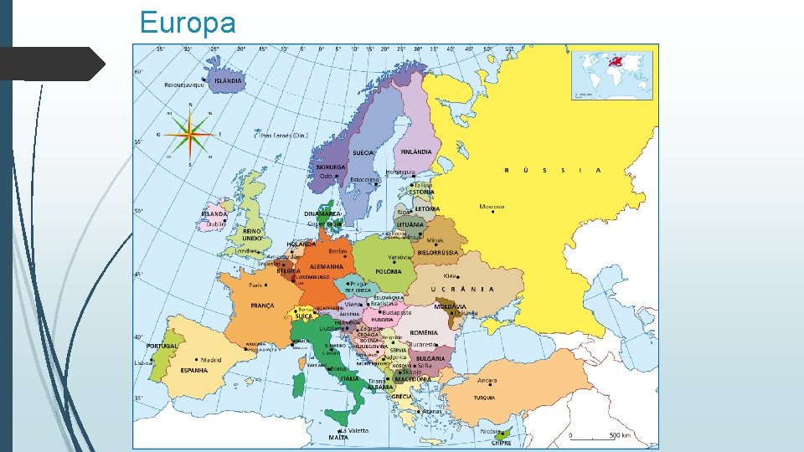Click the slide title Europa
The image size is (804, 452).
click(x=188, y=23)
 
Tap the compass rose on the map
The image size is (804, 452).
click(x=190, y=133)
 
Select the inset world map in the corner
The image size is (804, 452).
click(x=611, y=74)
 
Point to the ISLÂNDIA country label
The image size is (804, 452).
click(x=228, y=81)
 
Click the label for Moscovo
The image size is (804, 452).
click(x=492, y=206)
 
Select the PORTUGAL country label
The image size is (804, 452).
click(x=162, y=346)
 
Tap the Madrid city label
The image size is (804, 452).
click(x=210, y=360)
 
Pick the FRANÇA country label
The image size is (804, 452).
click(x=261, y=306)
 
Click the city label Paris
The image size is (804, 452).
click(x=258, y=284)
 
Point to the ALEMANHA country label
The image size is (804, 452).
click(x=327, y=267)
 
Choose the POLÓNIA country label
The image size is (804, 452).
click(x=389, y=271)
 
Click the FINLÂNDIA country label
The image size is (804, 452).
click(x=416, y=152)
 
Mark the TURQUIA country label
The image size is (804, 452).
click(x=484, y=398)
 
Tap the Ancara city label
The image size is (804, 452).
click(x=487, y=380)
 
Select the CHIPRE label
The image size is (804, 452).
click(x=501, y=444)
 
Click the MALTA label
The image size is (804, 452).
click(x=338, y=437)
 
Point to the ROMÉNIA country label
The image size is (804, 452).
click(x=424, y=332)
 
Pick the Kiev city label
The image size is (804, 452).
click(x=451, y=275)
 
